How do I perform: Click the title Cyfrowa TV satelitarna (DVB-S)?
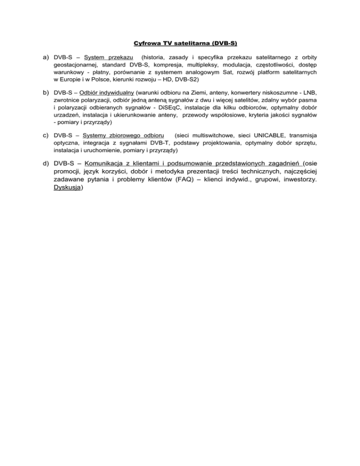(180, 44)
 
